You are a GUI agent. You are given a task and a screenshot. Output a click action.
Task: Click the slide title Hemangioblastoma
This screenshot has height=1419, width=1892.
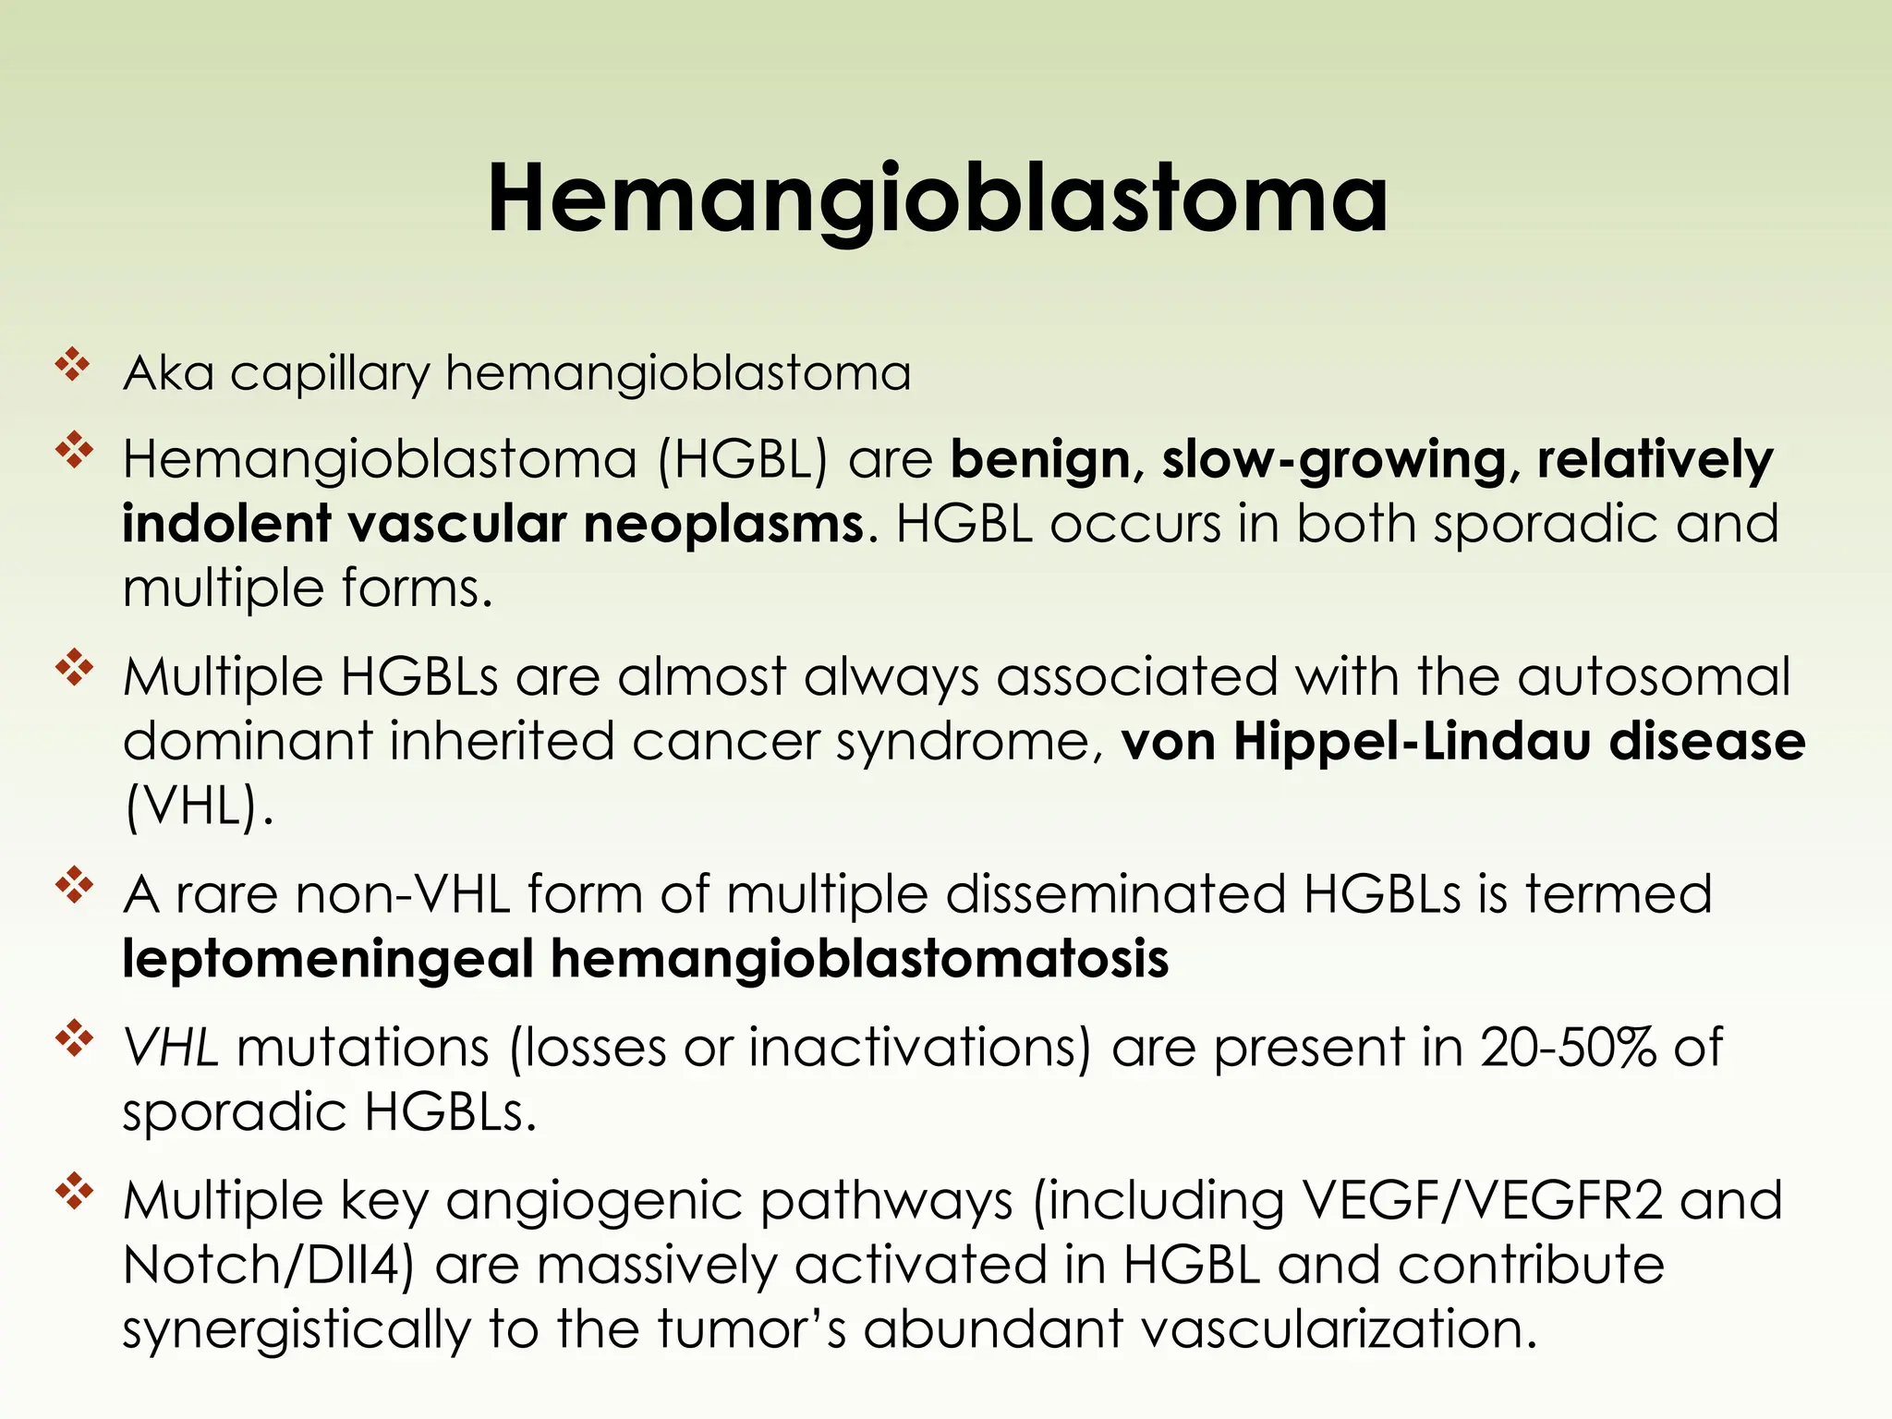coord(937,199)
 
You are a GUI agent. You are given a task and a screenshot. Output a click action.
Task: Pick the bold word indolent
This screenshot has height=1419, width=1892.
coord(226,524)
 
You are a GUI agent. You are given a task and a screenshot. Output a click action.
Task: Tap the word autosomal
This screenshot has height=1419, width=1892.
coord(1653,677)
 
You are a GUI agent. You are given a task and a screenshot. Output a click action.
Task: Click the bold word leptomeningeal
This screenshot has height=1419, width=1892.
coord(328,960)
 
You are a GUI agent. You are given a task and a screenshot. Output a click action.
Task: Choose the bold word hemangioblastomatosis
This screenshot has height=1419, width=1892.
coord(859,959)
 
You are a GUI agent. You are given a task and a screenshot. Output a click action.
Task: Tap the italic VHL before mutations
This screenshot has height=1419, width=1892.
coord(171,1049)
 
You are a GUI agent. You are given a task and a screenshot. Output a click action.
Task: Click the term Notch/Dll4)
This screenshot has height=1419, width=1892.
coord(268,1265)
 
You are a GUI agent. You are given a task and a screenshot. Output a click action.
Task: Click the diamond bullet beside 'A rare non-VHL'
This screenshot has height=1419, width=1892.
coord(74,886)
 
